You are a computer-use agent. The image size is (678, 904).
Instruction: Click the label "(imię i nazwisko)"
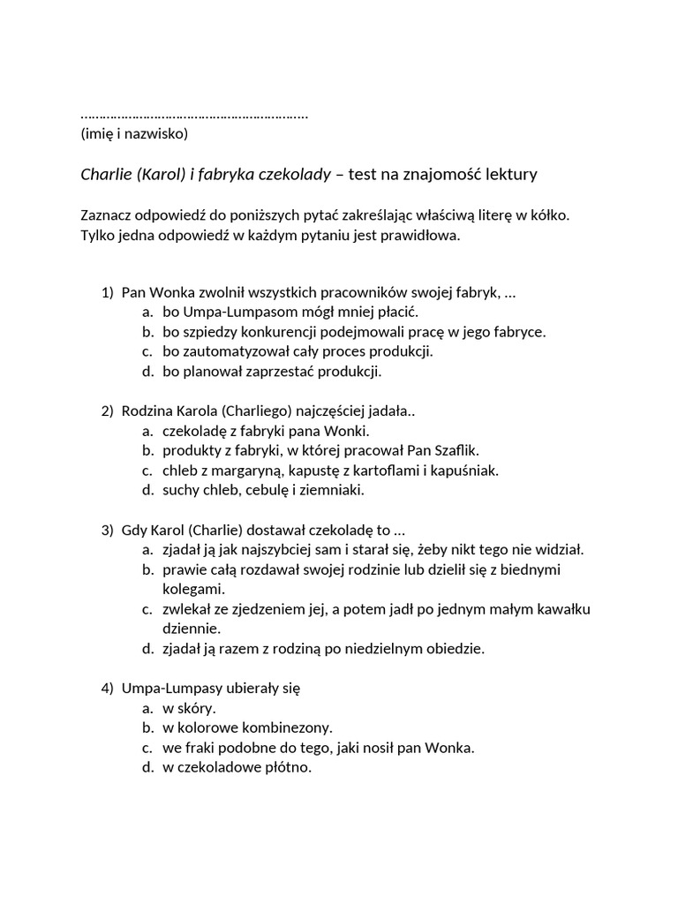pos(133,134)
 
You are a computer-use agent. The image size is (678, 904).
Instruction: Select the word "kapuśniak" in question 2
pos(467,470)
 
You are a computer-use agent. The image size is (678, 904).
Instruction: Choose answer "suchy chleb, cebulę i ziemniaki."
pos(263,489)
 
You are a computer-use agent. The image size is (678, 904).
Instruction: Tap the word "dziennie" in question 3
pos(191,629)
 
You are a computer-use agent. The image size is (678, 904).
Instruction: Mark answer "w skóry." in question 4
pos(189,708)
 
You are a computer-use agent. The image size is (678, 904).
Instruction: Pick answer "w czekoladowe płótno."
pos(237,767)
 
